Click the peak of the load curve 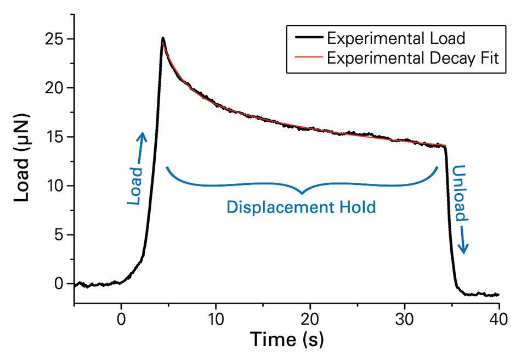click(163, 38)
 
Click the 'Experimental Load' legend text click(395, 38)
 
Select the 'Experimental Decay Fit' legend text click(412, 58)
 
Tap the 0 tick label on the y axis click(58, 284)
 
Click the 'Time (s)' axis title click(287, 340)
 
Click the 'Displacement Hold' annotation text click(302, 207)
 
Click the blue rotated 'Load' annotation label click(135, 187)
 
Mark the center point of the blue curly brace click(302, 192)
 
